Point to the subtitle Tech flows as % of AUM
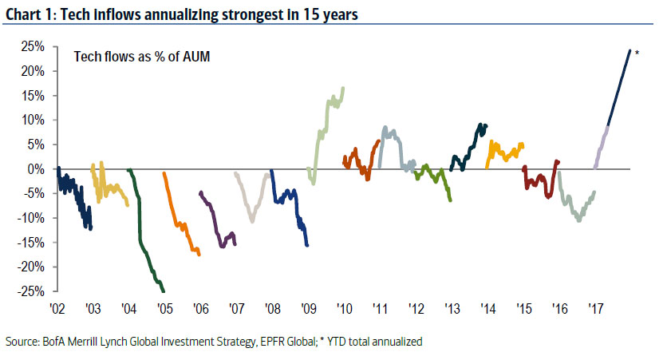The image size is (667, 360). (x=131, y=57)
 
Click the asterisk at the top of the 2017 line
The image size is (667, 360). (x=637, y=53)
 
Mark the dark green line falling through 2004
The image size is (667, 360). (x=143, y=239)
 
